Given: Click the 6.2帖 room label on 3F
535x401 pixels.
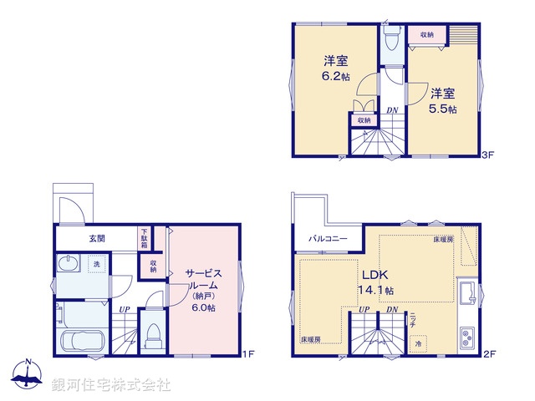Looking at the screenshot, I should (336, 74).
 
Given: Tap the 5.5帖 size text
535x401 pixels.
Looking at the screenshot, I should (443, 109).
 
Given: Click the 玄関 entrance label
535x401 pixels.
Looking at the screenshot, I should (96, 238).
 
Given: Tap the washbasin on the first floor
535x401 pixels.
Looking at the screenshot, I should (69, 265).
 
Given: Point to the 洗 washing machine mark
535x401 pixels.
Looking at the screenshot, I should (96, 265).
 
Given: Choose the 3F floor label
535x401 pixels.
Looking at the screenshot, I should (490, 155).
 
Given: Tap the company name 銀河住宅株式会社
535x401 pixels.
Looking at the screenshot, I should (111, 385).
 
